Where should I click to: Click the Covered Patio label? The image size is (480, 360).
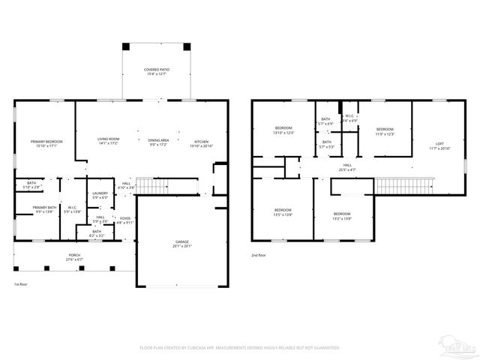pyautogui.click(x=157, y=72)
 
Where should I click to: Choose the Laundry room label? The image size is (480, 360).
pyautogui.click(x=100, y=195)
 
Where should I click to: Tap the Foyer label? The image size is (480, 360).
pyautogui.click(x=124, y=220)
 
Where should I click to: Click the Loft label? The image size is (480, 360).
pyautogui.click(x=439, y=146)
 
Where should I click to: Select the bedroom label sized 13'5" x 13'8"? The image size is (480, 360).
pyautogui.click(x=282, y=211)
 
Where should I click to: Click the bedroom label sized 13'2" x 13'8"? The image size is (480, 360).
pyautogui.click(x=341, y=215)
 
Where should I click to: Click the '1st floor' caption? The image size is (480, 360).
pyautogui.click(x=20, y=285)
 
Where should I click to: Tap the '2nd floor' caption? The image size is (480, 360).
pyautogui.click(x=259, y=256)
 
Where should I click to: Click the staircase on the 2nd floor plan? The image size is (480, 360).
pyautogui.click(x=406, y=184)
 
